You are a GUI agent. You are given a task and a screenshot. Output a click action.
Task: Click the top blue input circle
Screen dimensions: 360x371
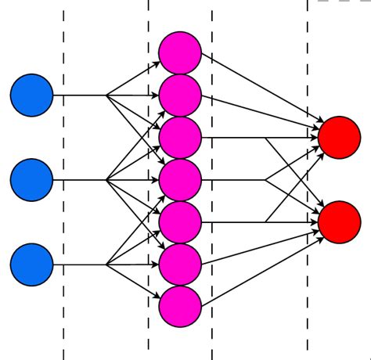[31, 95]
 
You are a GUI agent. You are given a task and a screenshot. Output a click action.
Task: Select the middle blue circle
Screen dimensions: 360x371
[31, 180]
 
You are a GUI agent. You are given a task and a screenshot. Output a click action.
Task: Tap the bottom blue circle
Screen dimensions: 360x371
[31, 265]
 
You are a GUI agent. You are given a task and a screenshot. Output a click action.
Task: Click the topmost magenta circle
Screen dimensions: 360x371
[180, 52]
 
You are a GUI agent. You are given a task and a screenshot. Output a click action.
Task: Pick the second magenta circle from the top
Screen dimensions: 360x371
[180, 95]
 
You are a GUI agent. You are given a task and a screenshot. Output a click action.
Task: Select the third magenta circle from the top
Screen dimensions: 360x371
[180, 138]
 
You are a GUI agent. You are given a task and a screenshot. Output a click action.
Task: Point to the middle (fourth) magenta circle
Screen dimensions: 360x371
[180, 180]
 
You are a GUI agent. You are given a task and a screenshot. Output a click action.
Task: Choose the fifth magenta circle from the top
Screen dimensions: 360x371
[180, 222]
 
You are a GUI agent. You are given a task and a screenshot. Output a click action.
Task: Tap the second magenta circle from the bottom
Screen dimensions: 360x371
[180, 265]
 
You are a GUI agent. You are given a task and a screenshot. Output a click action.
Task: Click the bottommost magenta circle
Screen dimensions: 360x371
[180, 307]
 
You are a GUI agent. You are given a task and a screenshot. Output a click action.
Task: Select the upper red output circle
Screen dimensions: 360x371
[339, 138]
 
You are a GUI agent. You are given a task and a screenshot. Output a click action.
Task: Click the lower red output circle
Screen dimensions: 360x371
[339, 222]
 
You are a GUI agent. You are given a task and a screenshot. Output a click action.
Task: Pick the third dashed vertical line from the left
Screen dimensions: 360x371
[212, 329]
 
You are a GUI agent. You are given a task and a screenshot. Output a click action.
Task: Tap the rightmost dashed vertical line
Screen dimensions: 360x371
[308, 329]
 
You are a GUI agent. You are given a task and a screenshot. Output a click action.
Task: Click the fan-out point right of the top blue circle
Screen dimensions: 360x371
[106, 95]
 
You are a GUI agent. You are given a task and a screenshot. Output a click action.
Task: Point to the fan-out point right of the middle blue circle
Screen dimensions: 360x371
[106, 180]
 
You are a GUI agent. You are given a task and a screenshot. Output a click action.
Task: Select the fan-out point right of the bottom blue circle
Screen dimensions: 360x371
[106, 265]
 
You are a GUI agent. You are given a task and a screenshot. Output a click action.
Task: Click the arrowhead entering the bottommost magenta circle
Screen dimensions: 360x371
[157, 296]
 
